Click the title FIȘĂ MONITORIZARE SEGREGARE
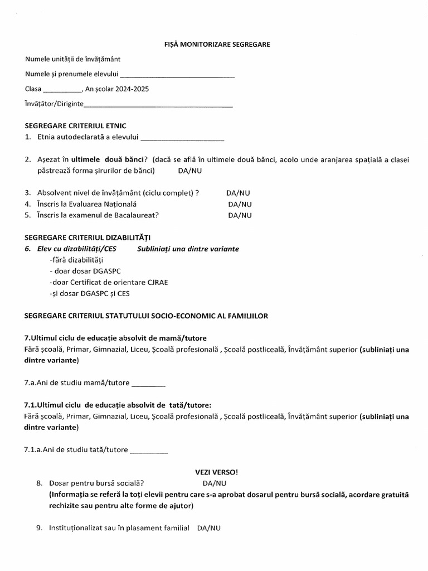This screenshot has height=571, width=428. [x=213, y=45]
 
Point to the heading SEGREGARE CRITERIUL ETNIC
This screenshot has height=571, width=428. [x=75, y=126]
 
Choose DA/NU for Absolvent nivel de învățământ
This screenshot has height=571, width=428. [x=238, y=193]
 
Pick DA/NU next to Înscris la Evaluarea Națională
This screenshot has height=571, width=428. [x=240, y=204]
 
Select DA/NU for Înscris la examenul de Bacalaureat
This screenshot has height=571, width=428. [x=240, y=215]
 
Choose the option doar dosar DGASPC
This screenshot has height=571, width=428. [x=81, y=271]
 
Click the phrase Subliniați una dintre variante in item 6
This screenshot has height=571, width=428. [x=188, y=249]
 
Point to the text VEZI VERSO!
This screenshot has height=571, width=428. [x=213, y=472]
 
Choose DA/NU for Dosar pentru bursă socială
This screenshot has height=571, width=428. [x=215, y=483]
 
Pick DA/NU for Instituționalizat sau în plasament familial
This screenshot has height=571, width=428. [x=209, y=528]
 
